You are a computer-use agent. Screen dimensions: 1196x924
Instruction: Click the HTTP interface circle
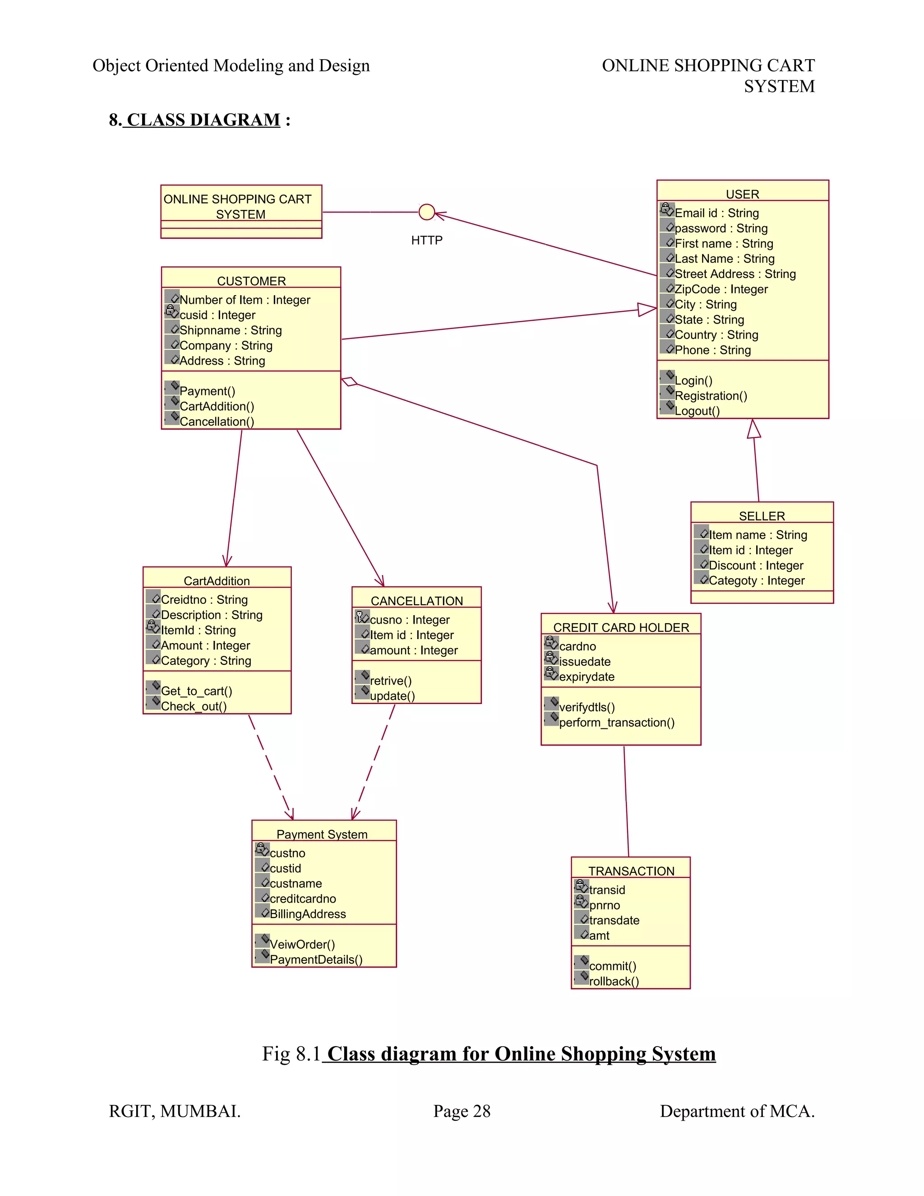point(426,212)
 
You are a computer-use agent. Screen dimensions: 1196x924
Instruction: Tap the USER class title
point(742,195)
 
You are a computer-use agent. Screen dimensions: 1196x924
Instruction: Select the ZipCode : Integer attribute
point(721,289)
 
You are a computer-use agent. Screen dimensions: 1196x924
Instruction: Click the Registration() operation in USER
point(711,396)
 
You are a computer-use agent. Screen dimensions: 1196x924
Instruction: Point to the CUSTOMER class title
point(251,281)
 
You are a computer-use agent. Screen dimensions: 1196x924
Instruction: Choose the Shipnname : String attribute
point(231,330)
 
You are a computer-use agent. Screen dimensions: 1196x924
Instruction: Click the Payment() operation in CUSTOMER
point(208,391)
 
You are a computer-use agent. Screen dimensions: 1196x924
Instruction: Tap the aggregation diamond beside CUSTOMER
point(349,382)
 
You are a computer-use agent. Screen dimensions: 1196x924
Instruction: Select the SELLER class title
point(762,516)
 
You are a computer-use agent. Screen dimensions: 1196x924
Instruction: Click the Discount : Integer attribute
point(756,565)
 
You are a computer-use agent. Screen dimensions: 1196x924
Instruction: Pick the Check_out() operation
point(194,706)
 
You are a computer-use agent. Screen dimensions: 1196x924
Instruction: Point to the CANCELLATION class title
point(416,601)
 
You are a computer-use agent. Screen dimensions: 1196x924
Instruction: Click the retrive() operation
point(391,681)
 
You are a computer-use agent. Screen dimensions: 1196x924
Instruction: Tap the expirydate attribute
point(587,677)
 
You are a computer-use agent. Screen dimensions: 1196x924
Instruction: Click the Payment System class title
point(322,834)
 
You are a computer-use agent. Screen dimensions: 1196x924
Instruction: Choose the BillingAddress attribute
point(308,914)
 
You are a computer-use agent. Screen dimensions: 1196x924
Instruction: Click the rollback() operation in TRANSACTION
point(614,981)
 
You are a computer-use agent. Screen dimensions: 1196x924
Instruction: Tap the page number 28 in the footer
point(482,1111)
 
